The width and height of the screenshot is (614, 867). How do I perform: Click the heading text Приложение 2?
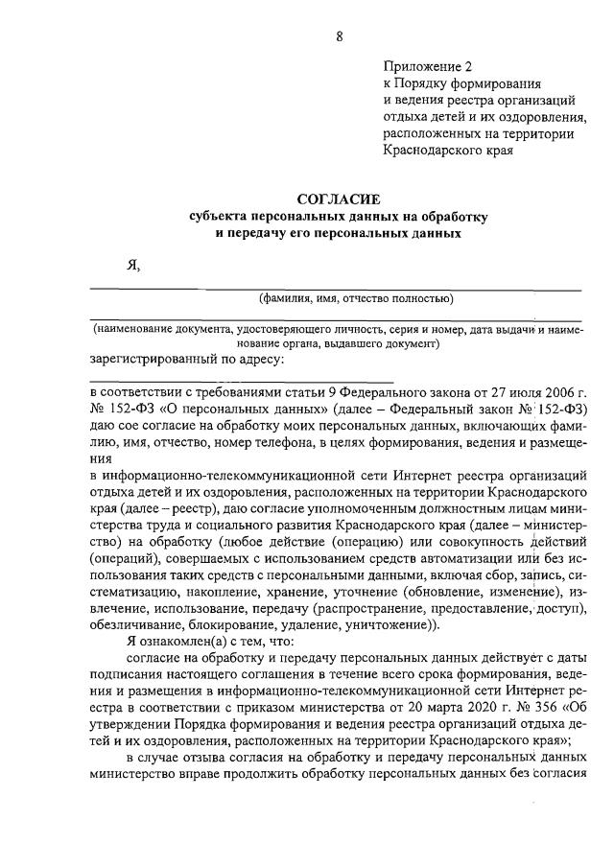[428, 66]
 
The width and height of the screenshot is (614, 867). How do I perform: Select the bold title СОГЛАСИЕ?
[338, 199]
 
